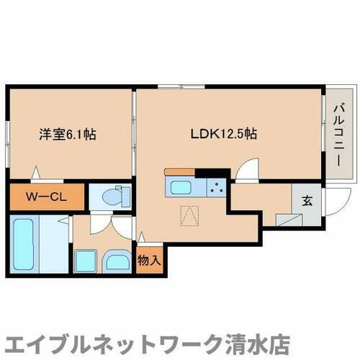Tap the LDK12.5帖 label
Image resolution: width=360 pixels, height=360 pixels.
pos(224,133)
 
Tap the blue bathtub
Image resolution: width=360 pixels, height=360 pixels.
pos(25,242)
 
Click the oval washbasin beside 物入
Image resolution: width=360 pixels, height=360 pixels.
pos(116,261)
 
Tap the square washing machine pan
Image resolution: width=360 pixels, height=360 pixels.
pos(86,261)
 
